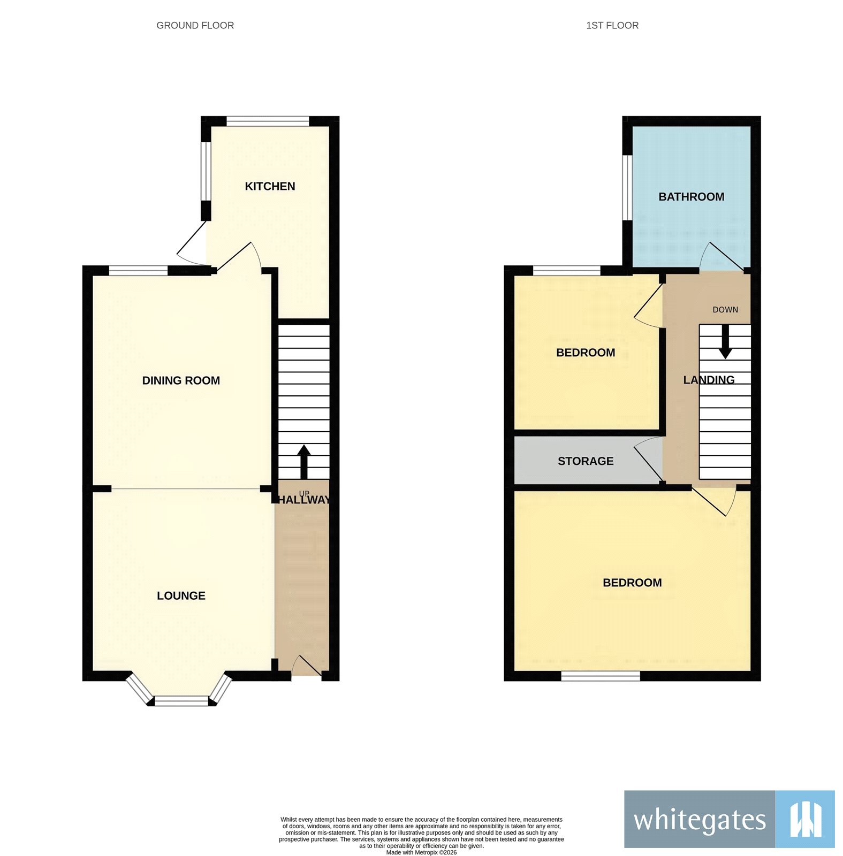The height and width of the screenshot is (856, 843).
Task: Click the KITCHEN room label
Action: point(270,186)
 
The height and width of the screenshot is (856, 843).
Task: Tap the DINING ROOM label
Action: point(181,380)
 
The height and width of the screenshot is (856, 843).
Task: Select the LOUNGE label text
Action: point(181,595)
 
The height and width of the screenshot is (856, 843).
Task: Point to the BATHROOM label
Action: point(691,197)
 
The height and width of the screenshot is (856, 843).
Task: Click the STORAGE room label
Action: point(586,461)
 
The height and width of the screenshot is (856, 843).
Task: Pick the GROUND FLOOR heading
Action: point(195,25)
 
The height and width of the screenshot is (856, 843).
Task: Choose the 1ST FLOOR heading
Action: point(612,25)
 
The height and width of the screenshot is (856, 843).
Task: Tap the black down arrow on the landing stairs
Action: point(725,341)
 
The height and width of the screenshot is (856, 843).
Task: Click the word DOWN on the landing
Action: point(725,310)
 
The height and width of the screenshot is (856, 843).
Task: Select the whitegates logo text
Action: point(700,819)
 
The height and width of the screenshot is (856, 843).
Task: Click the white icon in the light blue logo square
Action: point(805,819)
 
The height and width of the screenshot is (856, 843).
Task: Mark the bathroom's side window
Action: point(627,187)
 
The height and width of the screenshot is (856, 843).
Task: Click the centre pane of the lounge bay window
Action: point(181,700)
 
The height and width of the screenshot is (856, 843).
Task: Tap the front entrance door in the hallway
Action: point(307,666)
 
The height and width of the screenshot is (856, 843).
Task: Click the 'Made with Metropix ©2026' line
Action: point(421,852)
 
